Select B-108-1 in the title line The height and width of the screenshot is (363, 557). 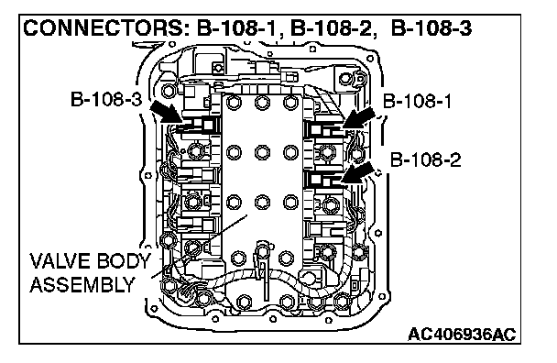tap(236, 28)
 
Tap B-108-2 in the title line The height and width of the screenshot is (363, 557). tap(332, 28)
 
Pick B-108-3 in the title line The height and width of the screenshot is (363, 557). tap(431, 28)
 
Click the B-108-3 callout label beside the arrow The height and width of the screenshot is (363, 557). tap(106, 99)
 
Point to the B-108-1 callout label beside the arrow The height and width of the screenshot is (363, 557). tap(417, 102)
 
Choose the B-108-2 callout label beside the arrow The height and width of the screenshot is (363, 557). tap(426, 159)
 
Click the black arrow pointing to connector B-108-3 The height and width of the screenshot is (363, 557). tap(166, 111)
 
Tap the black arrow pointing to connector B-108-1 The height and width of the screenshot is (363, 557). tap(359, 118)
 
